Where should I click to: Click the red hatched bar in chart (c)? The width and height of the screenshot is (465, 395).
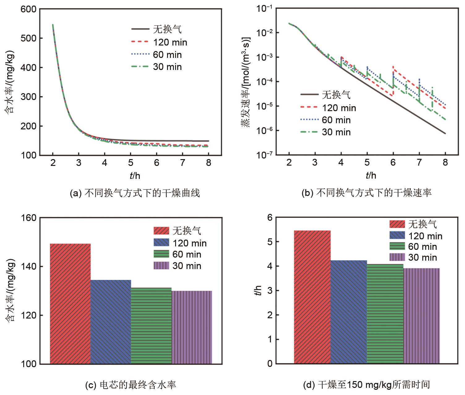[x=70, y=303]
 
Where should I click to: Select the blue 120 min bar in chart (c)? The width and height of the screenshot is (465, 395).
[x=111, y=322]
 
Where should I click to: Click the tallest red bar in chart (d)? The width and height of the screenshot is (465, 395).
[x=312, y=297]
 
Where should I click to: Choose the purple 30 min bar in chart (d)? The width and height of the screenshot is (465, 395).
[x=421, y=316]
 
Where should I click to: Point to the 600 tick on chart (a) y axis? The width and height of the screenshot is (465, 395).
[x=28, y=9]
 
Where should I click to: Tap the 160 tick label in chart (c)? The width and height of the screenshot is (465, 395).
[x=28, y=218]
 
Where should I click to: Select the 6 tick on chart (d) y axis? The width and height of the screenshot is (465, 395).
[x=270, y=218]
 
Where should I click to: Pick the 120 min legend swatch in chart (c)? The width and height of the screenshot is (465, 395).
[x=161, y=243]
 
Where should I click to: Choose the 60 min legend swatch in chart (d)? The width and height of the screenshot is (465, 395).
[x=397, y=246]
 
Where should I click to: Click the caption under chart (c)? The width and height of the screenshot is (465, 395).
[x=130, y=385]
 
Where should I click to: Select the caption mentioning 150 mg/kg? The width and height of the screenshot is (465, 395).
[x=367, y=385]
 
